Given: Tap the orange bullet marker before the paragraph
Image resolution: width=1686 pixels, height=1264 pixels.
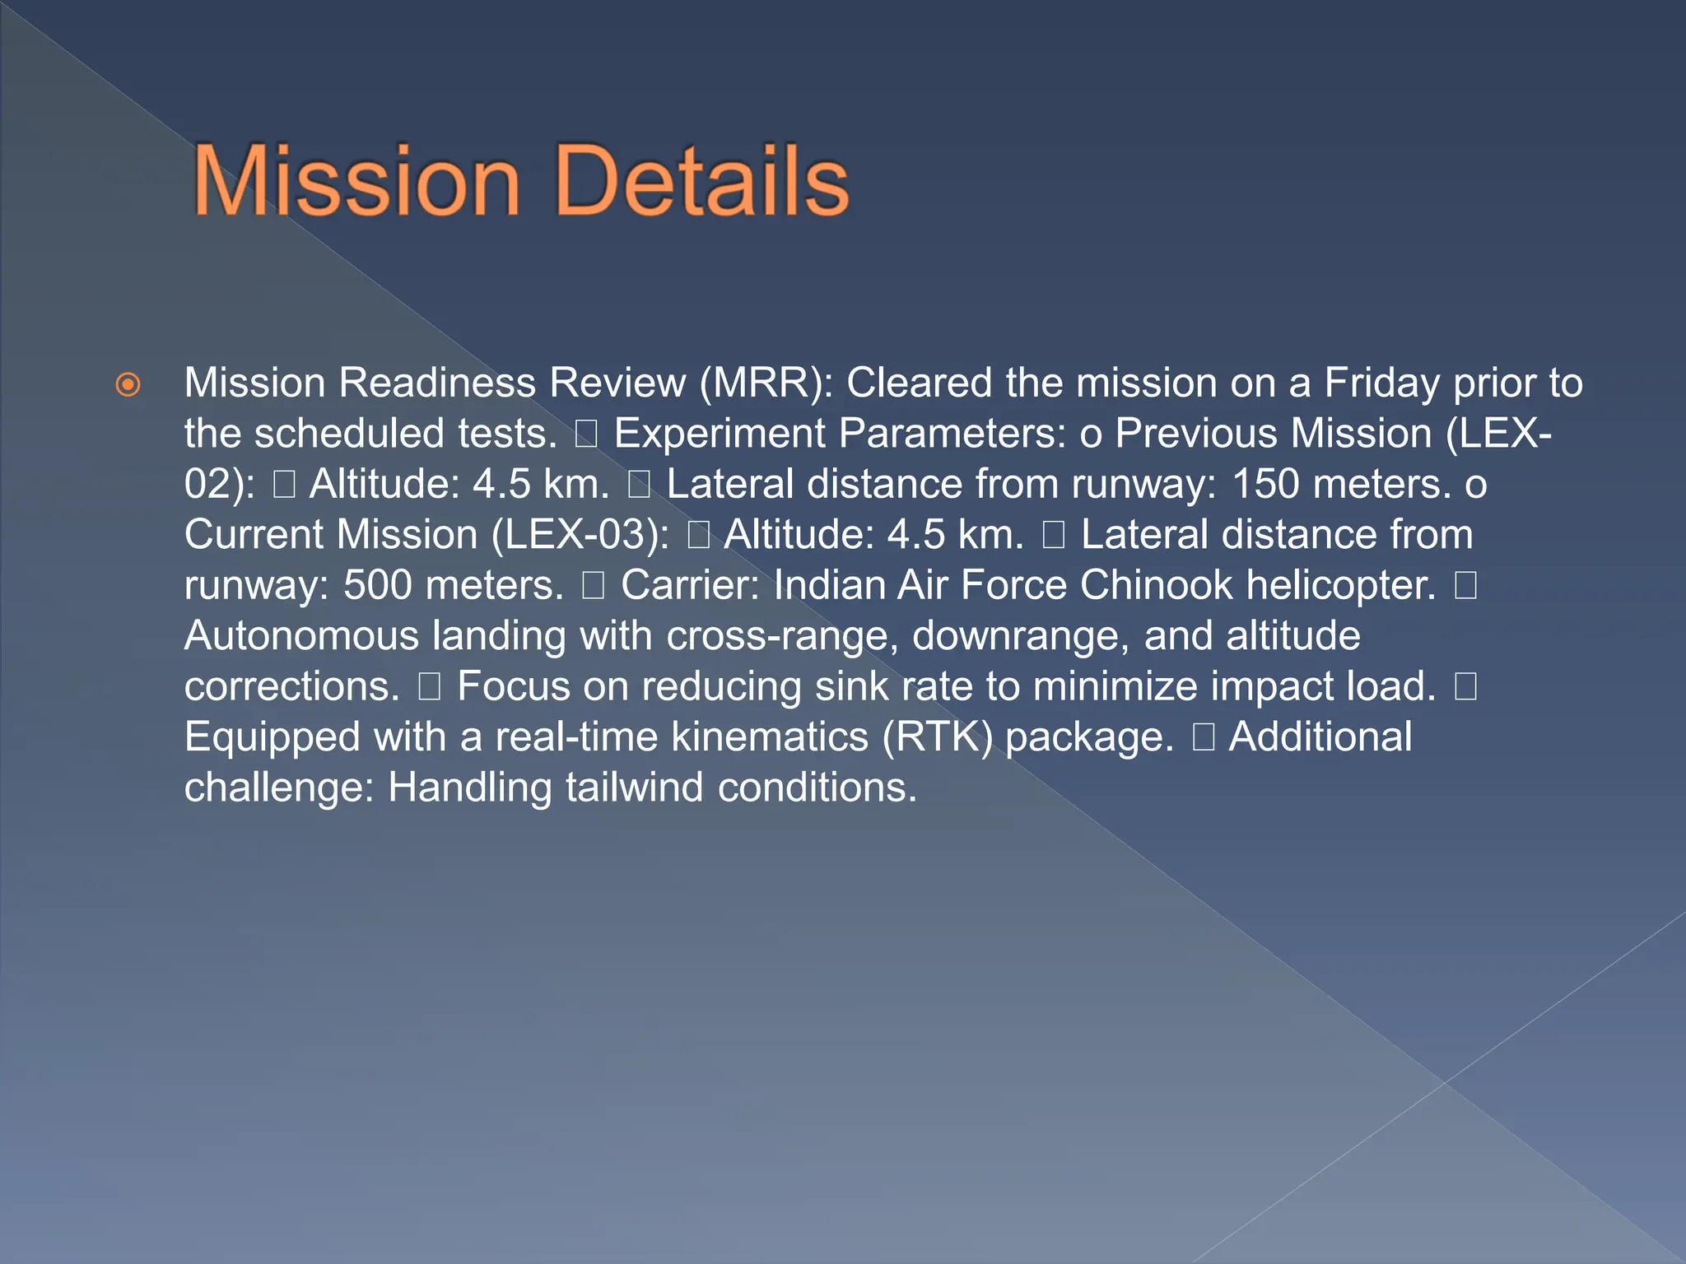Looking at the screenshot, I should (128, 384).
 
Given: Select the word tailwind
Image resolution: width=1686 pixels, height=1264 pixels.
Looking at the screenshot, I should (634, 788).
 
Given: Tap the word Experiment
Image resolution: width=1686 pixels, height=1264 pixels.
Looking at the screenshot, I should (719, 434).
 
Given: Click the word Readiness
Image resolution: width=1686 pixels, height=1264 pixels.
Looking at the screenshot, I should (437, 383).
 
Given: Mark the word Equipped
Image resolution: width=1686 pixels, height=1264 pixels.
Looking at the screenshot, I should (272, 737).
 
